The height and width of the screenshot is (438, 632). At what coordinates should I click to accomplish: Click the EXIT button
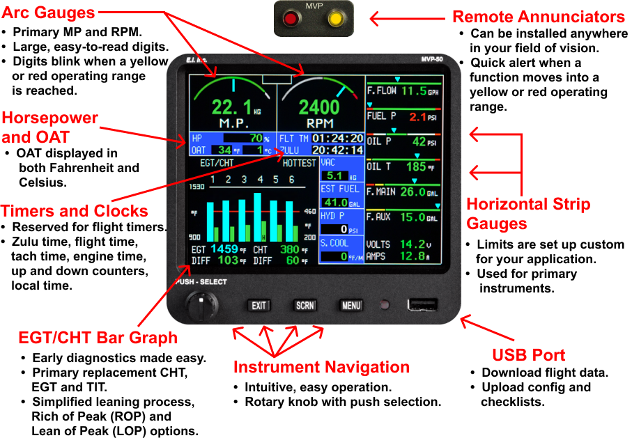(x=259, y=306)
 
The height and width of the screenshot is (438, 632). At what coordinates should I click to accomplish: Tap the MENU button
(x=350, y=306)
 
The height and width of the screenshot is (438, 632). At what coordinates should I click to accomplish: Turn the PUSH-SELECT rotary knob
(x=201, y=304)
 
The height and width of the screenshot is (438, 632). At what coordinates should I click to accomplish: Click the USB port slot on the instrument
(x=423, y=305)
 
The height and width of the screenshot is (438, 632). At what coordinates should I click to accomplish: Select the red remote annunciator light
(x=290, y=19)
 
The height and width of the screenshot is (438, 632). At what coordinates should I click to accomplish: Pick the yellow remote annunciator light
(x=337, y=19)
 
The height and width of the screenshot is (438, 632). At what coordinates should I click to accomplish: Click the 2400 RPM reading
(x=319, y=107)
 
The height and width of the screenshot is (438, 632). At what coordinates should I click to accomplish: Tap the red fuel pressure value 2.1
(x=417, y=116)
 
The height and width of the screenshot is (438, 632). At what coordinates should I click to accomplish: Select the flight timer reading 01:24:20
(x=337, y=139)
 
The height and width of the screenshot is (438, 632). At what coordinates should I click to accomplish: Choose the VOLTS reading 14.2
(x=413, y=244)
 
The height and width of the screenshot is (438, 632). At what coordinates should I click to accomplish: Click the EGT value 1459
(x=224, y=249)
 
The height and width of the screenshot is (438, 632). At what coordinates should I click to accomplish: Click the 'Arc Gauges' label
(x=48, y=13)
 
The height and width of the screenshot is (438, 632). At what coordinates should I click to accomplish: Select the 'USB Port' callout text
(x=529, y=355)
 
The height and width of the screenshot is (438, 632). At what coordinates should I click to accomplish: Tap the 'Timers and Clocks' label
(x=75, y=211)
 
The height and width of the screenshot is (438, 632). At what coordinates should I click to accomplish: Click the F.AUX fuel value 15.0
(x=413, y=217)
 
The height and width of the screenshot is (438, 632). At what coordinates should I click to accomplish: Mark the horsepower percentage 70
(x=256, y=138)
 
